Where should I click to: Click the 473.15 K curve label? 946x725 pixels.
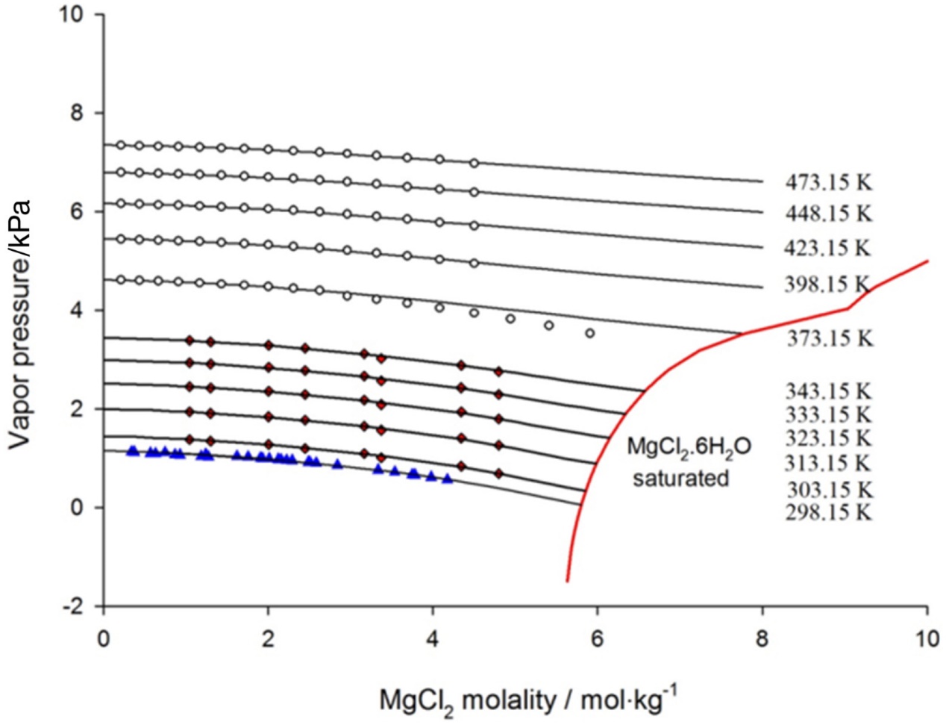[828, 182]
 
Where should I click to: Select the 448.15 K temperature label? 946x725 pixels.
[828, 214]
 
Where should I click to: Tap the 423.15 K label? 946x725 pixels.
[827, 248]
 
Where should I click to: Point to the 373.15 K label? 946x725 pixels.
[830, 338]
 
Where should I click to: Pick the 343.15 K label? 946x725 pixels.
[828, 390]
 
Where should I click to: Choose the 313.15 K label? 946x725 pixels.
[827, 463]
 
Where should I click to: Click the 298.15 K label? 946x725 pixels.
[828, 512]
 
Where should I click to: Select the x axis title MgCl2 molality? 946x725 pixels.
[529, 700]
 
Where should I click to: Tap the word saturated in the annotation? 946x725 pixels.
[680, 478]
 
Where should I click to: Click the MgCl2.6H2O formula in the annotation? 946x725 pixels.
[688, 448]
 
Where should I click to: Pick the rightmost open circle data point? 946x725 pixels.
[590, 333]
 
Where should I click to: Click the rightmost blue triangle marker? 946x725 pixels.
[447, 479]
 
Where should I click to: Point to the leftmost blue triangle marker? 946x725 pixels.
[133, 450]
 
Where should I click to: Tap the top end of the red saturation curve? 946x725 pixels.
[927, 261]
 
